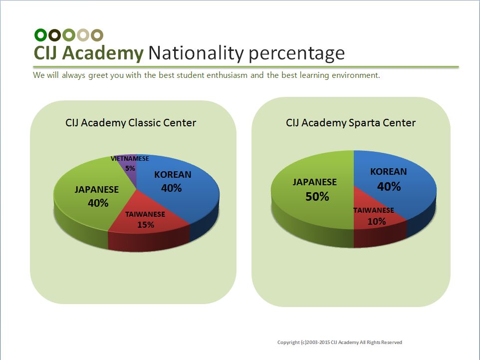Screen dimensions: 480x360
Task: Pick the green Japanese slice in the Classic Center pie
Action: [89, 202]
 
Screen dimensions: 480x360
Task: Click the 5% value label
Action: [130, 168]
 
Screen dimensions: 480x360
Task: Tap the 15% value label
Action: [146, 225]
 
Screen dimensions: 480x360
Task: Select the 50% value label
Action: [317, 197]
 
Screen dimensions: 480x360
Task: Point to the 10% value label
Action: [377, 221]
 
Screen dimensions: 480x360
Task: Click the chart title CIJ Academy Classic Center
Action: [131, 123]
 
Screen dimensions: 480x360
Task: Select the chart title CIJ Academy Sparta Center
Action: [351, 123]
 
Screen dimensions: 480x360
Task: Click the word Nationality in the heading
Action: [196, 53]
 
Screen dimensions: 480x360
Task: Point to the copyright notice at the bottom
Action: [340, 342]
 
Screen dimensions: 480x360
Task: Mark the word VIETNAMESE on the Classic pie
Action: [130, 159]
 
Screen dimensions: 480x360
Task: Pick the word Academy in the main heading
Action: [103, 53]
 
